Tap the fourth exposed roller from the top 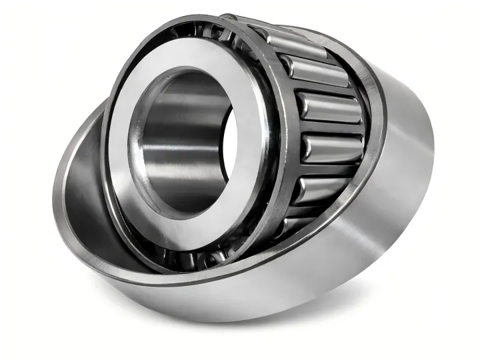point(329,147)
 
